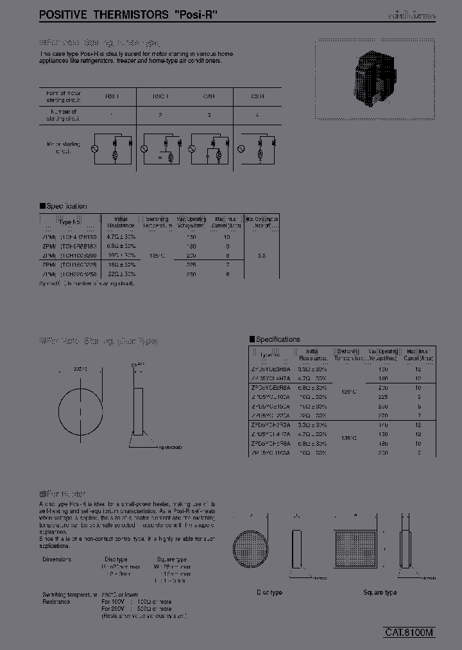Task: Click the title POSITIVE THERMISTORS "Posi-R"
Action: pyautogui.click(x=129, y=13)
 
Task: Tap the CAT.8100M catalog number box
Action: pyautogui.click(x=409, y=632)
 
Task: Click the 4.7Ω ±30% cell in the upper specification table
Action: pyautogui.click(x=121, y=236)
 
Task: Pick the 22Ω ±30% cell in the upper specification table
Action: pyautogui.click(x=121, y=274)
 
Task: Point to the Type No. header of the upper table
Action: pyautogui.click(x=71, y=222)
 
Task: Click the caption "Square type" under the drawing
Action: pyautogui.click(x=380, y=592)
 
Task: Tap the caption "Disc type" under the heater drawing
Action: pyautogui.click(x=269, y=592)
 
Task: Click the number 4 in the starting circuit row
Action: pyautogui.click(x=257, y=114)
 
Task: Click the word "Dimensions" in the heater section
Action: pyautogui.click(x=57, y=559)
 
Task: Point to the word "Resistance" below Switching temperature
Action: pyautogui.click(x=56, y=602)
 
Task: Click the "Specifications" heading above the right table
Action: pyautogui.click(x=278, y=339)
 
